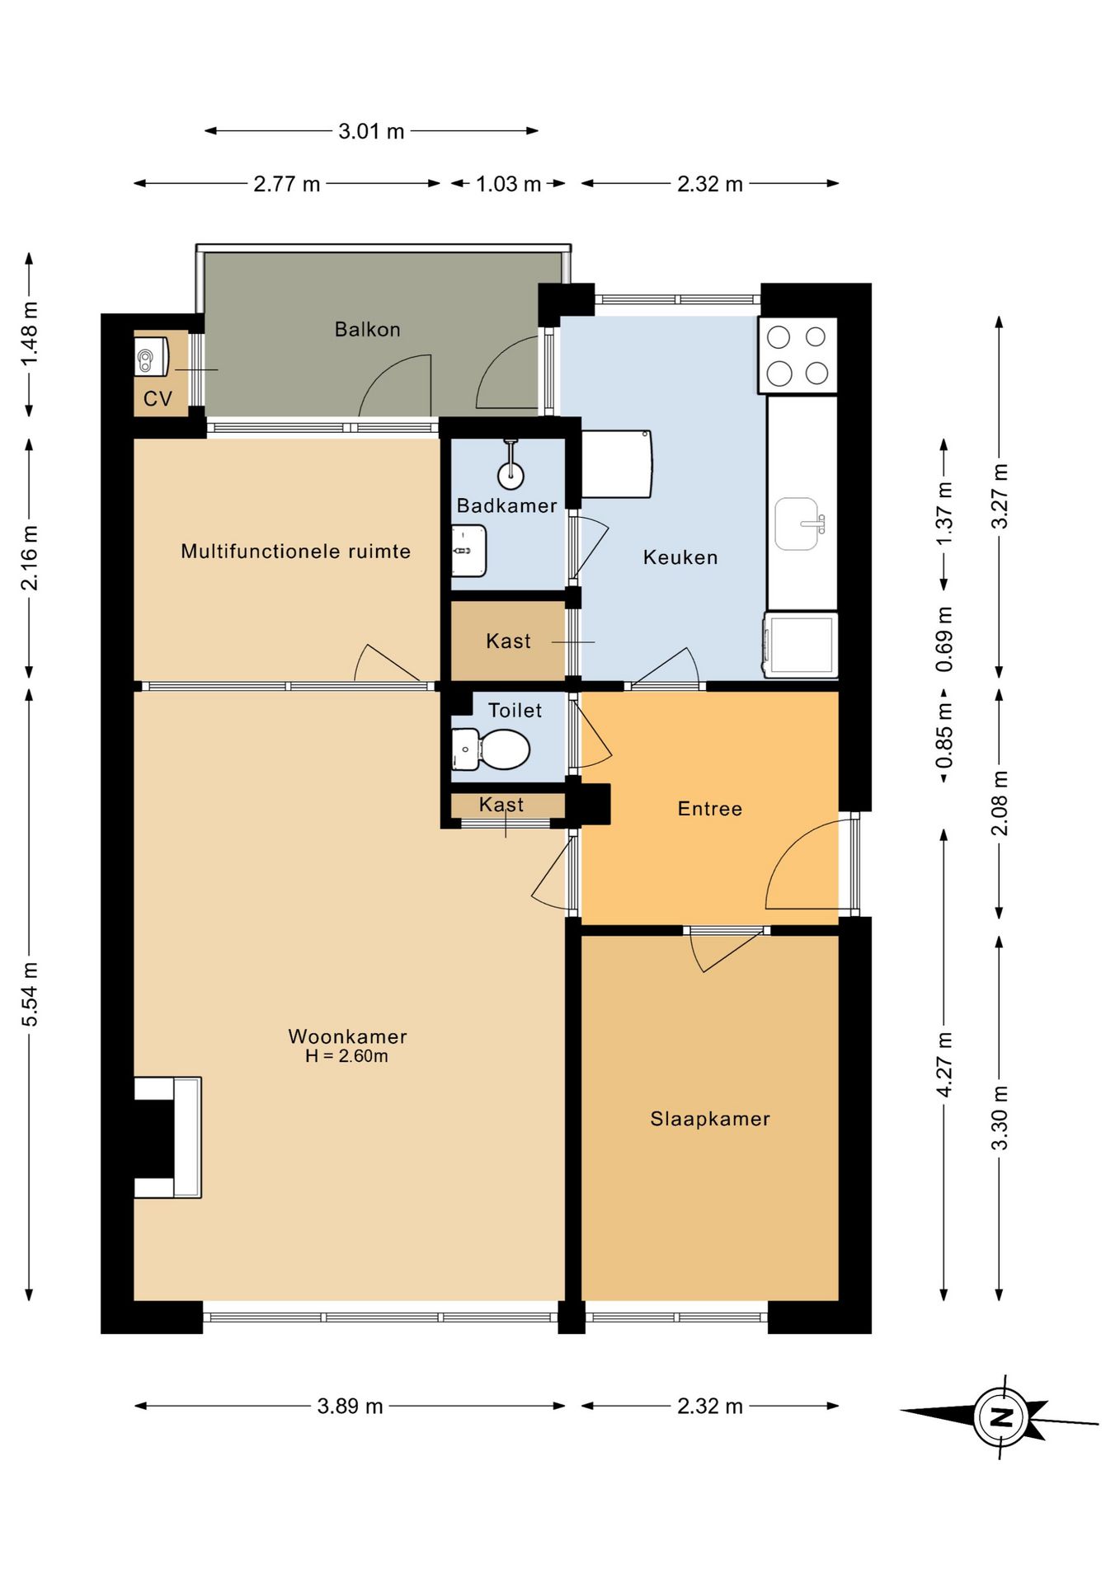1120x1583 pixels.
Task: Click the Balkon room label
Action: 367,330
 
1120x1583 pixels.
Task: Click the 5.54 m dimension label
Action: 30,995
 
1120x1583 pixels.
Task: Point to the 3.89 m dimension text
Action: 351,1406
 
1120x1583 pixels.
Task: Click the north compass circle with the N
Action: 1000,1417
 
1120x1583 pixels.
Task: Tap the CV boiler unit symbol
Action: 152,356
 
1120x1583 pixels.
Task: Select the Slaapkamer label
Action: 710,1119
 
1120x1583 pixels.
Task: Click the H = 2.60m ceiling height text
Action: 346,1056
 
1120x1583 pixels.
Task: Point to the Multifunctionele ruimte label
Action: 296,551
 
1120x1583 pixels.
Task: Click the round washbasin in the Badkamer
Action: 511,475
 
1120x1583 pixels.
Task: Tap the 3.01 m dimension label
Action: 371,131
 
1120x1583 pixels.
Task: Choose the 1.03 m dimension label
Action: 509,184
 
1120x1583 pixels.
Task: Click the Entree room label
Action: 710,809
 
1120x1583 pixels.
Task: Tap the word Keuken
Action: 680,557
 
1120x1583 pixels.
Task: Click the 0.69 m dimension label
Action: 944,640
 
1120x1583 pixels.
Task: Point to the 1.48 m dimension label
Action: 30,334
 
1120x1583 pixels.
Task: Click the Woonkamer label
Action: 348,1036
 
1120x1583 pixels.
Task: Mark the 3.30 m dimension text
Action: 1000,1118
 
